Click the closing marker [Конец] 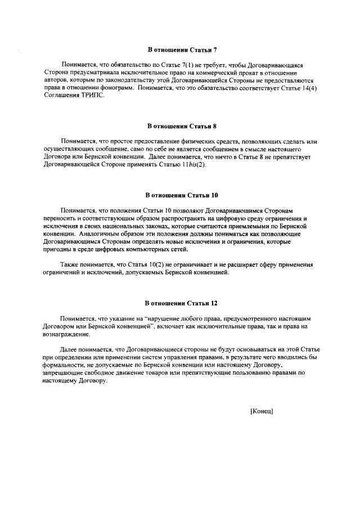point(262,411)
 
